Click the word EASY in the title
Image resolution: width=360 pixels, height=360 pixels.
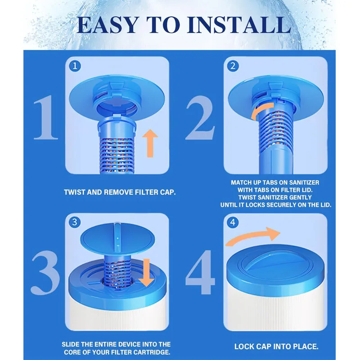pyautogui.click(x=108, y=25)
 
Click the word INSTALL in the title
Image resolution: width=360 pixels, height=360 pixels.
pyautogui.click(x=240, y=25)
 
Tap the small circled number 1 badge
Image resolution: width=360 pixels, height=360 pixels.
pyautogui.click(x=75, y=66)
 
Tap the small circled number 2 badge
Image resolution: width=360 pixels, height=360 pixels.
pyautogui.click(x=233, y=66)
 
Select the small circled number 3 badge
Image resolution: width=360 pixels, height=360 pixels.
pyautogui.click(x=75, y=222)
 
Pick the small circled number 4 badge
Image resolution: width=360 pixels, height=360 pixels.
pyautogui.click(x=233, y=222)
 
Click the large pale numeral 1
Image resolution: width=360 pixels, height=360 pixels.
pyautogui.click(x=46, y=117)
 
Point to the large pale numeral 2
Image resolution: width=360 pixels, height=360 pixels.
pyautogui.click(x=200, y=117)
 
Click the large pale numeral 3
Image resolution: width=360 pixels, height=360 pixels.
pyautogui.click(x=45, y=273)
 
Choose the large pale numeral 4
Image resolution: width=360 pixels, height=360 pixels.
pyautogui.click(x=200, y=272)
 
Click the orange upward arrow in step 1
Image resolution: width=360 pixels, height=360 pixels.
pyautogui.click(x=150, y=143)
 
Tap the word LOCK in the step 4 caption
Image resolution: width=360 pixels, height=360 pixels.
pyautogui.click(x=243, y=346)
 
